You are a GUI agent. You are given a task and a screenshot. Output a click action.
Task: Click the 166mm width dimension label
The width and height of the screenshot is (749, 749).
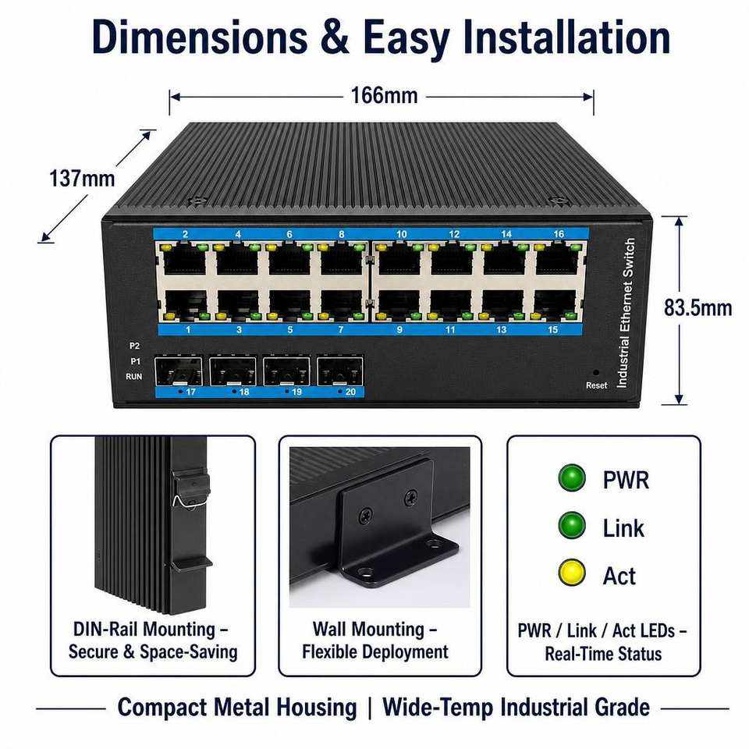[x=384, y=95]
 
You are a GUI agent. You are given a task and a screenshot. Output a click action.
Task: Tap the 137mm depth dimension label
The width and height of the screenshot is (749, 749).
[x=82, y=179]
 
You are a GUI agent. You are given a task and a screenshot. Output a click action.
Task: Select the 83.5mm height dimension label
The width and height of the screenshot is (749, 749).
[x=698, y=307]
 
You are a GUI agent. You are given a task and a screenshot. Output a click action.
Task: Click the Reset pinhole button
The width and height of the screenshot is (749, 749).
[x=595, y=372]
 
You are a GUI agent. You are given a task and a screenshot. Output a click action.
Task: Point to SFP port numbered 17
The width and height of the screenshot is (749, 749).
[x=178, y=371]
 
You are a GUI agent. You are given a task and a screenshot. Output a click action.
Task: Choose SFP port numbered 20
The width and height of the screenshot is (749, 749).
[x=340, y=371]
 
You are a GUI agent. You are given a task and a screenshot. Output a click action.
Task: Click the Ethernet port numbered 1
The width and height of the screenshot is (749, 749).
[x=186, y=305]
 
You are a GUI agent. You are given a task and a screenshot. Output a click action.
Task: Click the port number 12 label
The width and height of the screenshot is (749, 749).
[x=454, y=234]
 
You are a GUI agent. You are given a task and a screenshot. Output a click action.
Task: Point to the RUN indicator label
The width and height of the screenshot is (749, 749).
[x=133, y=376]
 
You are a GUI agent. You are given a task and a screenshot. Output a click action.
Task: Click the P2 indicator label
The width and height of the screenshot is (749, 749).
[x=135, y=346]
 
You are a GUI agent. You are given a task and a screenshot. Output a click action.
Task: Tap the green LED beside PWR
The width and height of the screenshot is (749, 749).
[x=572, y=477]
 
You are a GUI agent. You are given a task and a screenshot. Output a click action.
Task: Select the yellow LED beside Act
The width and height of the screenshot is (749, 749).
[x=572, y=573]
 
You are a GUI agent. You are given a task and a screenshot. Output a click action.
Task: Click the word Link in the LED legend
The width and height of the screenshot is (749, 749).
[x=623, y=528]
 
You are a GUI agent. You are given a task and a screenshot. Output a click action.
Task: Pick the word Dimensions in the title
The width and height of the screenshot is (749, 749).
[x=201, y=37]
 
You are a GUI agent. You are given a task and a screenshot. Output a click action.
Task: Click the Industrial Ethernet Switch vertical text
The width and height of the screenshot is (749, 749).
[x=627, y=313]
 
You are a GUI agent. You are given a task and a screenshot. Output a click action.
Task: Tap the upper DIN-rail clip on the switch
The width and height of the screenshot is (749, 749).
[x=191, y=486]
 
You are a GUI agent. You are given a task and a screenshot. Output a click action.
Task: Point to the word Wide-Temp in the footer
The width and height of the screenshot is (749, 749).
[x=438, y=708]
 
